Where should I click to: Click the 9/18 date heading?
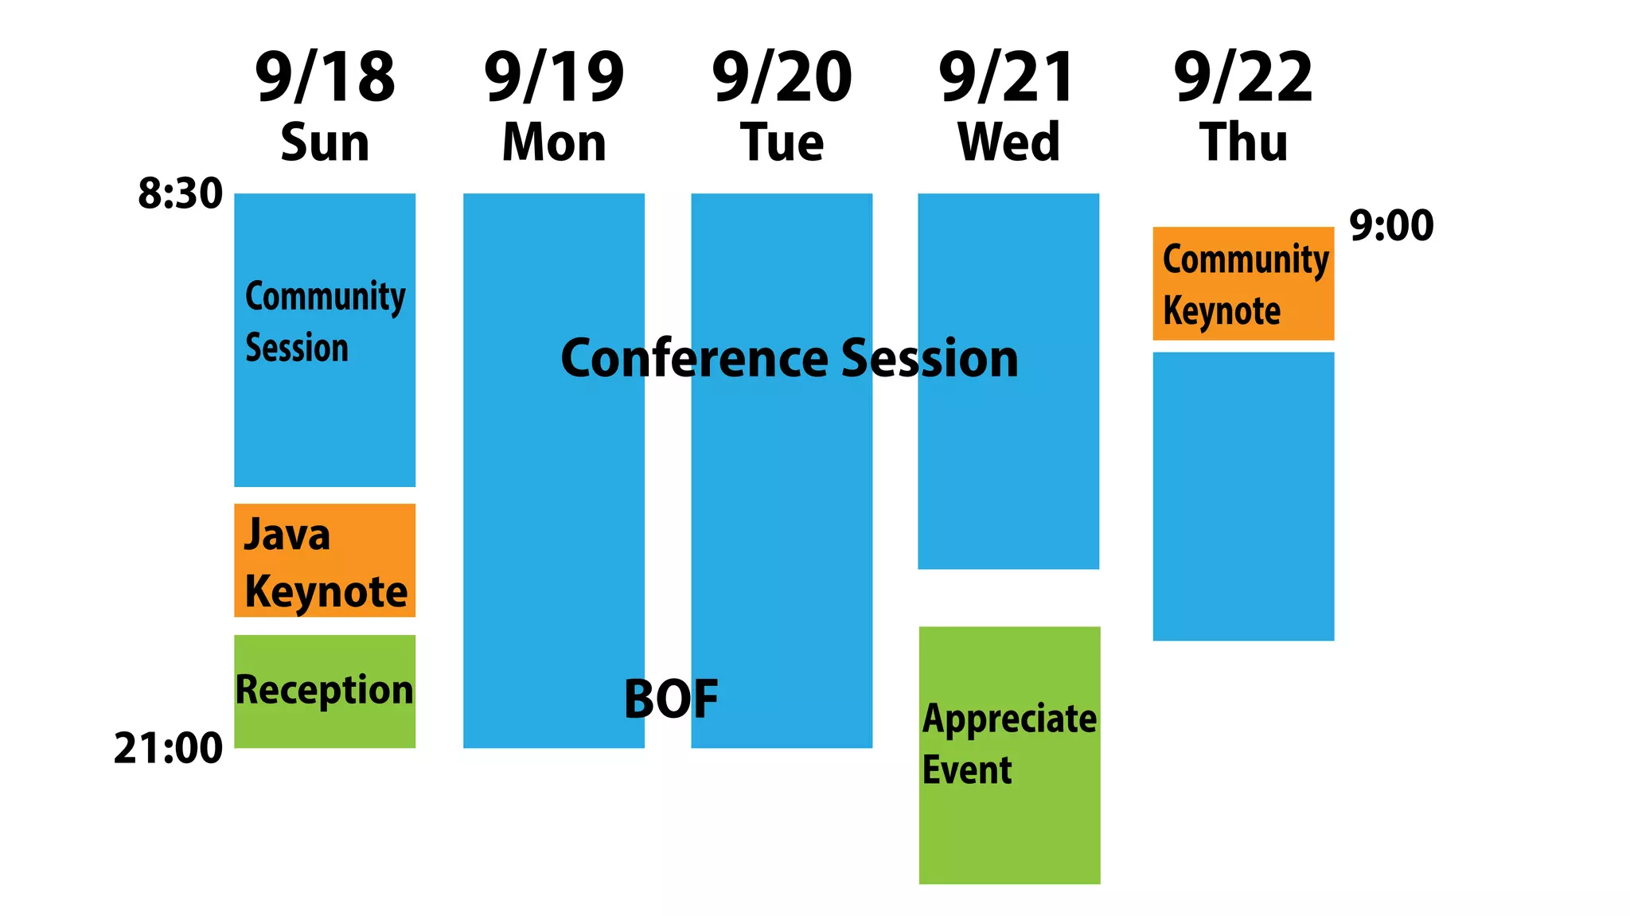tap(325, 77)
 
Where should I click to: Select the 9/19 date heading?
tap(554, 77)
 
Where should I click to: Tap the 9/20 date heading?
tap(782, 77)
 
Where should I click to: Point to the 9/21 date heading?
tap(1008, 77)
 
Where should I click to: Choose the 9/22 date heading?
tap(1243, 77)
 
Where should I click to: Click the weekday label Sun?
tap(325, 143)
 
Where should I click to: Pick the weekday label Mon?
tap(554, 143)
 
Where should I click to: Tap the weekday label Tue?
tap(782, 143)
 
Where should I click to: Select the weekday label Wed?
tap(1008, 143)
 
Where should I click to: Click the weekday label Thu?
tap(1243, 143)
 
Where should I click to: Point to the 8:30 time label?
tap(180, 194)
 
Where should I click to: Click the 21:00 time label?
tap(168, 749)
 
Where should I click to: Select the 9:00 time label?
tap(1391, 226)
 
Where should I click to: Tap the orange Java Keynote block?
tap(325, 560)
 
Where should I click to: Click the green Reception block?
tap(325, 691)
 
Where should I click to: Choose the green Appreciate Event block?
tap(1009, 754)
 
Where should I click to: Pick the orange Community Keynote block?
tap(1243, 283)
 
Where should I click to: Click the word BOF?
tap(671, 700)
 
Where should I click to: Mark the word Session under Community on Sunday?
tap(297, 349)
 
